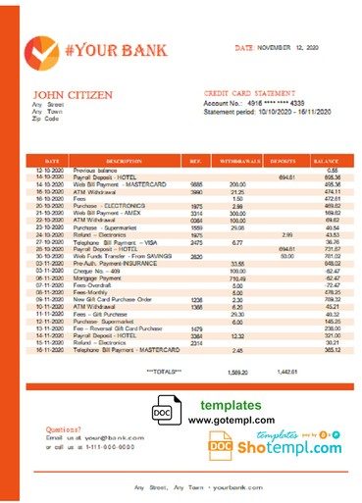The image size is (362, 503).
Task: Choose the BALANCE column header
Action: pyautogui.click(x=323, y=159)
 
